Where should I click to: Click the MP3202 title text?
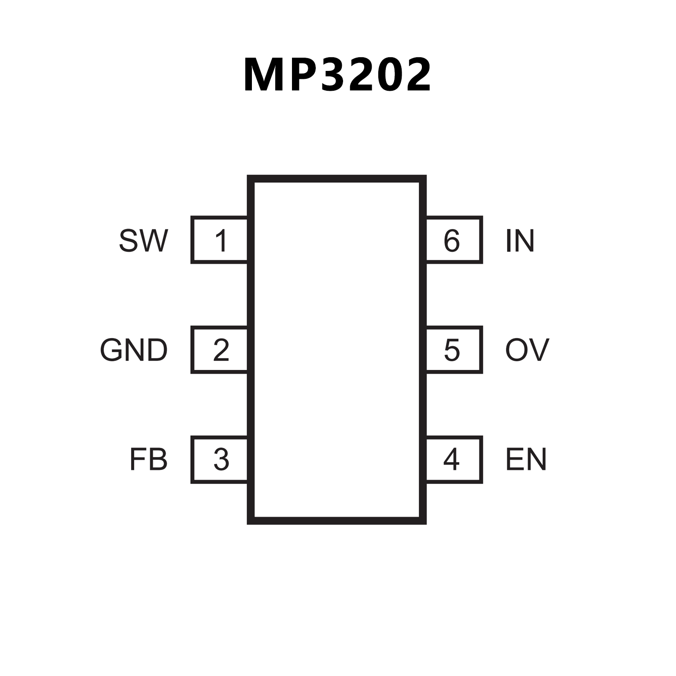point(337,75)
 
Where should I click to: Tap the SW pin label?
point(143,240)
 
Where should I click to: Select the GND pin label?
point(133,350)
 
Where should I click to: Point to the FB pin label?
point(148,459)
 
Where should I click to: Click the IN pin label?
point(520,240)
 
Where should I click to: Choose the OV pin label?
point(527,350)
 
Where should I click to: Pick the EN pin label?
point(526,459)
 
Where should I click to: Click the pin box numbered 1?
point(219,240)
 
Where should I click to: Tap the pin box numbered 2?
point(219,350)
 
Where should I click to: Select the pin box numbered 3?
point(219,460)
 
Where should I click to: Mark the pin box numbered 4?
point(454,460)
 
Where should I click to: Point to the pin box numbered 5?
point(454,350)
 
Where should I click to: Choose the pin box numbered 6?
point(454,240)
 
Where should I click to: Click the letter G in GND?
point(111,350)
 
